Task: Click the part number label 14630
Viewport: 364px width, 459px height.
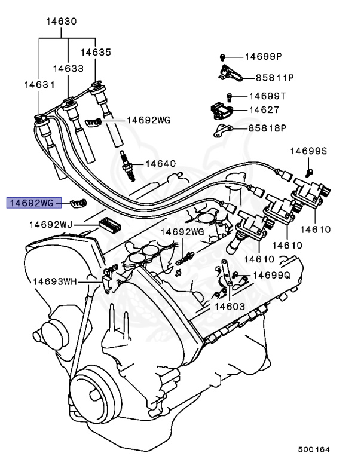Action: coord(62,22)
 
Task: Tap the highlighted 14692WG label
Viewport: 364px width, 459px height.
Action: coord(32,203)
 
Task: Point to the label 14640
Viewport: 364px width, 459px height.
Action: coord(160,163)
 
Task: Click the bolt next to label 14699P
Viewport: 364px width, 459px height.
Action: coord(222,57)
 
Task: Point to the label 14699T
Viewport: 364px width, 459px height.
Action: coord(267,96)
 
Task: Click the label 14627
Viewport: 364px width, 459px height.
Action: coord(264,110)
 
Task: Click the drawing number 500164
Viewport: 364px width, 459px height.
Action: coord(314,449)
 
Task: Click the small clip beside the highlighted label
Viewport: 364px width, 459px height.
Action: coord(76,203)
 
